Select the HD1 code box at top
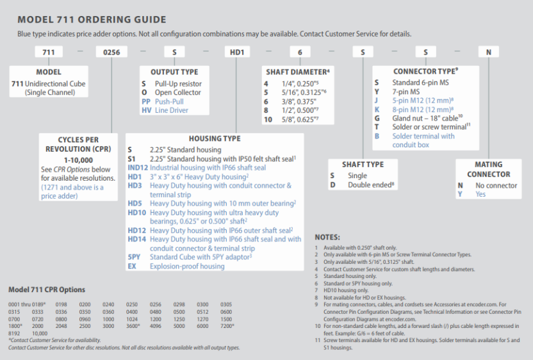(x=236, y=52)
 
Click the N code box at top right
(x=488, y=52)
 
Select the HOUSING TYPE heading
(x=215, y=138)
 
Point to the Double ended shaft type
(x=368, y=184)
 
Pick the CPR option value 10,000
(x=40, y=333)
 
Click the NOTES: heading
(x=331, y=237)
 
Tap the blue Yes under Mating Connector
(x=480, y=194)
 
